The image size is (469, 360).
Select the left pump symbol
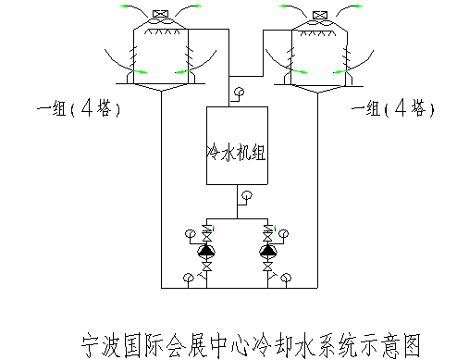click(x=205, y=249)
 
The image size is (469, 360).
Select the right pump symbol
click(x=268, y=249)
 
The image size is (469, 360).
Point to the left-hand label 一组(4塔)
click(x=80, y=109)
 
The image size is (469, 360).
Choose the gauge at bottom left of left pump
click(x=186, y=276)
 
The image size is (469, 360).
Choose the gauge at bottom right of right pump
click(x=288, y=276)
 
